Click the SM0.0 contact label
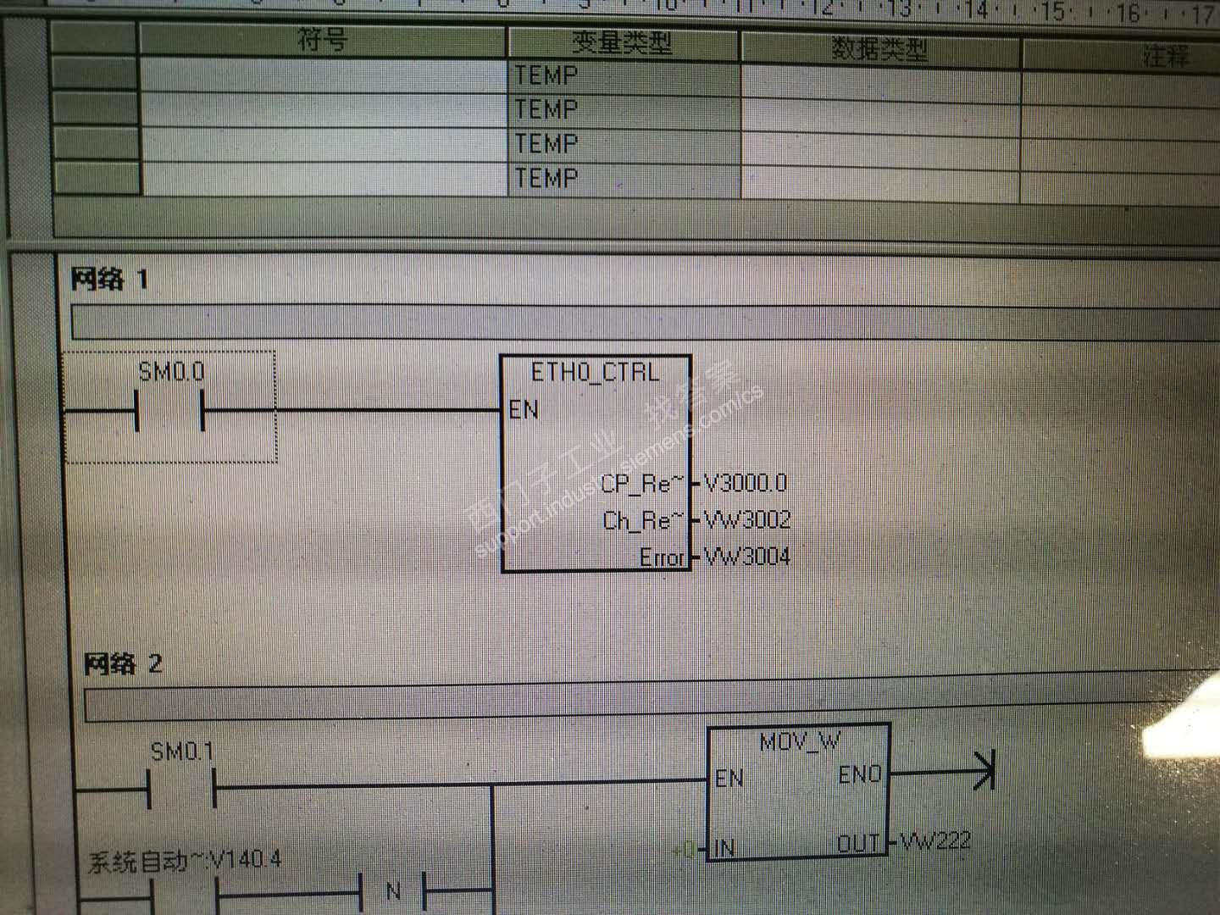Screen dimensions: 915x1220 click(x=171, y=371)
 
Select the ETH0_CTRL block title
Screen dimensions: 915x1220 click(x=595, y=372)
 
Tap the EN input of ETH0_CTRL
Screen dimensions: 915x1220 click(x=524, y=410)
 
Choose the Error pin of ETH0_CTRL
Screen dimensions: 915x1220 click(x=662, y=557)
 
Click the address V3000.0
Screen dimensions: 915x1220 click(x=746, y=483)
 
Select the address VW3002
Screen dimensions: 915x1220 click(x=747, y=519)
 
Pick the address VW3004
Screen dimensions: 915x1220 click(x=747, y=557)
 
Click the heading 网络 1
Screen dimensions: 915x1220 click(x=109, y=279)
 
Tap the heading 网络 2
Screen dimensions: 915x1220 click(x=123, y=663)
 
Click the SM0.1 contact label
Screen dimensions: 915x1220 click(x=182, y=751)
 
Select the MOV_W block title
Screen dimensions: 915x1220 click(x=799, y=742)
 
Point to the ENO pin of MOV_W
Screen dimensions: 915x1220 click(x=860, y=774)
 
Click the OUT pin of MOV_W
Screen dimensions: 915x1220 click(x=858, y=844)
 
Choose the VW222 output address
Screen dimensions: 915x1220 click(x=935, y=841)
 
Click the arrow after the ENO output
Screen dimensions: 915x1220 click(x=984, y=770)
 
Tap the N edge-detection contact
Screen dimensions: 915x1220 click(x=393, y=891)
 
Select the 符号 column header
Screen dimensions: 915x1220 click(x=322, y=40)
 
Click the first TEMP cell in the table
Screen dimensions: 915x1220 click(x=546, y=75)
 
